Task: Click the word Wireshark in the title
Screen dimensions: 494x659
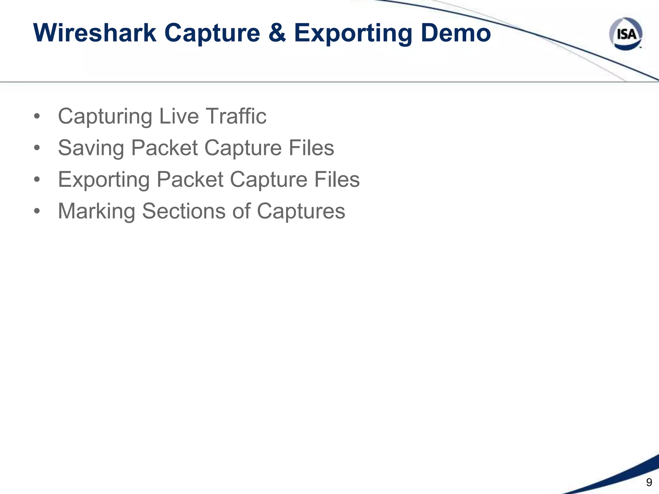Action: pos(95,33)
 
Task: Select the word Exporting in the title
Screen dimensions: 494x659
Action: pos(353,33)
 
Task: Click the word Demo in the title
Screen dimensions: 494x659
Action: pos(456,33)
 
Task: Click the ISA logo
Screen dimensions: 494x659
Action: pos(626,34)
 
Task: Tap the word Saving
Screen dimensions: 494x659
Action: pos(91,148)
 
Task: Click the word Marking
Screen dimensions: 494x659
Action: pos(97,212)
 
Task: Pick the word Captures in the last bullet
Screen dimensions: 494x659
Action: pos(301,212)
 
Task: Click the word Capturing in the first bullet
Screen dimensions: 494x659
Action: pos(105,116)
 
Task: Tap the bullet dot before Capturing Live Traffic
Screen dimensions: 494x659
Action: pos(37,116)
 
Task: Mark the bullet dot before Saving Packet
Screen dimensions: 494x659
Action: pos(37,148)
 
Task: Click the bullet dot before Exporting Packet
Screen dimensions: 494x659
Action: pos(37,180)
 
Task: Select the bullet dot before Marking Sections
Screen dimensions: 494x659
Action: pos(37,211)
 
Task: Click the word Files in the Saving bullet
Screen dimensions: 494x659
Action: pos(311,148)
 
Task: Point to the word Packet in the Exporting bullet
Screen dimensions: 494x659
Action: pos(190,179)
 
